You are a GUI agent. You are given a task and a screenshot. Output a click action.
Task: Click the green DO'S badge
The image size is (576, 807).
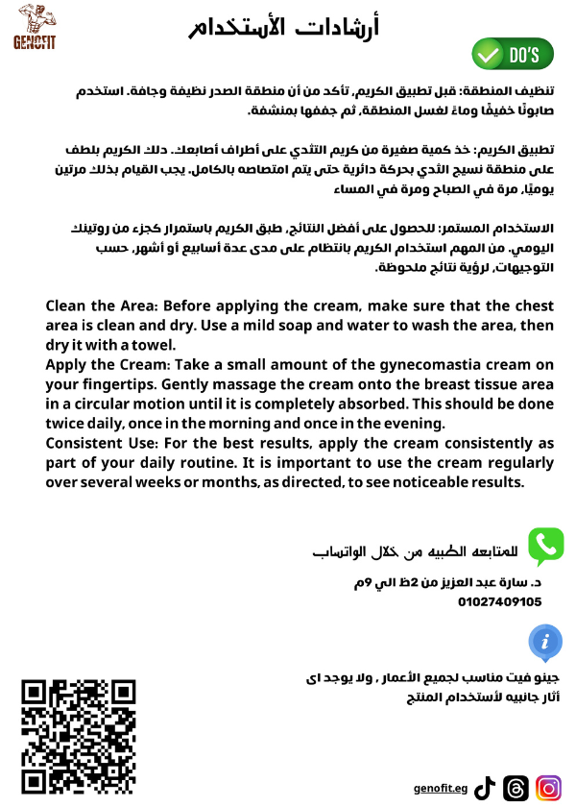513,54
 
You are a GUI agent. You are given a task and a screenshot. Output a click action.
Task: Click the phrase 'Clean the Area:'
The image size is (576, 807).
102,306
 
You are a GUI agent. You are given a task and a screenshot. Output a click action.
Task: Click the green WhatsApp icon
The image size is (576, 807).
545,547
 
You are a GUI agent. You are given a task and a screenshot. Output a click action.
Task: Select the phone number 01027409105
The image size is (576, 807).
500,601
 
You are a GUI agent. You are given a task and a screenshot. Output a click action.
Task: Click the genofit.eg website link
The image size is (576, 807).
440,789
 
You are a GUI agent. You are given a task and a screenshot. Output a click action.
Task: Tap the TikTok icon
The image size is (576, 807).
484,789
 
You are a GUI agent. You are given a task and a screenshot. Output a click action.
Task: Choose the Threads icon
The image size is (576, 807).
516,789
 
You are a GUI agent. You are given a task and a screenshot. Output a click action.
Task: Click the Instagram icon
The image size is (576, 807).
548,789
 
